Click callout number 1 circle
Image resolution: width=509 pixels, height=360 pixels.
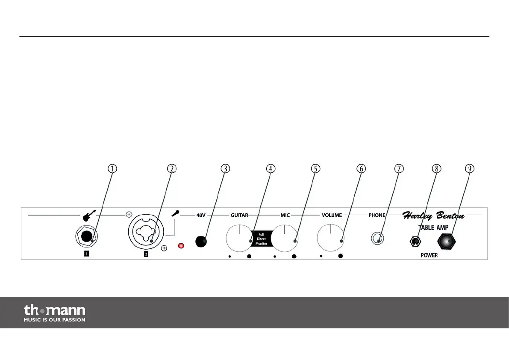pos(112,168)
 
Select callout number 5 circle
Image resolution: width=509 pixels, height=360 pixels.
pos(315,168)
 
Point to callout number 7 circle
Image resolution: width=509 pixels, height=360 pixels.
pos(398,168)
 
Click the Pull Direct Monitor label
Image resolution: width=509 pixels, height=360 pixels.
pos(261,238)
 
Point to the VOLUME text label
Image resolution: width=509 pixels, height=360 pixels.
pos(332,215)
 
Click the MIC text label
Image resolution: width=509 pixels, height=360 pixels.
pos(285,215)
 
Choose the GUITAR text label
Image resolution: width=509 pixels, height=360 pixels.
pos(239,215)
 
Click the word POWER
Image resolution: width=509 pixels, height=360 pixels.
pos(429,255)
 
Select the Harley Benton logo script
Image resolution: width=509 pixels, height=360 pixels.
pos(433,215)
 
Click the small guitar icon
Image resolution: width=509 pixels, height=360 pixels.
pos(87,215)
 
